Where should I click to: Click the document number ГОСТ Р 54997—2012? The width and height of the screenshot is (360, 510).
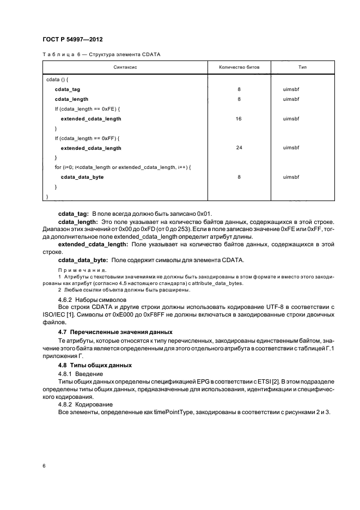click(72, 40)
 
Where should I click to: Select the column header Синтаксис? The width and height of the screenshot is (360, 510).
click(125, 67)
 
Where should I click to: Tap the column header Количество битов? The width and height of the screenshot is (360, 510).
click(239, 67)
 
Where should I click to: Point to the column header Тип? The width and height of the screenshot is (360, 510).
click(302, 67)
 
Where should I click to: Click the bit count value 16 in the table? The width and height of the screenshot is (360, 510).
click(239, 118)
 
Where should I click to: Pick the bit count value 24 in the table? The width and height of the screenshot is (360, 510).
click(239, 148)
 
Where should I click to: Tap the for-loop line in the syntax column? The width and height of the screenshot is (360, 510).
click(123, 167)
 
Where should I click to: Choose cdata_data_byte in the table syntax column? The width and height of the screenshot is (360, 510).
click(82, 177)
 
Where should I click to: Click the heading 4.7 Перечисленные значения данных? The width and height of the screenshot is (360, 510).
click(115, 331)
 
